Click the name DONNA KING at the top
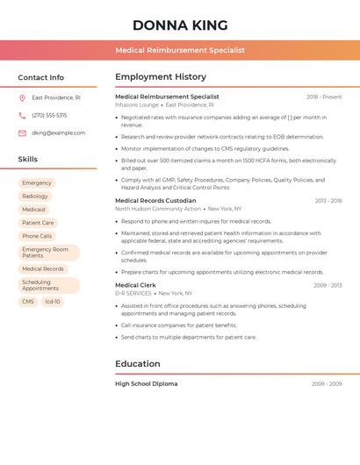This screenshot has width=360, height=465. (x=180, y=25)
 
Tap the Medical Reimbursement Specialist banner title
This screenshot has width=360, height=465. (x=180, y=50)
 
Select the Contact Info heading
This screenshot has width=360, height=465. (x=40, y=77)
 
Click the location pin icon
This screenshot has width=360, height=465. (x=22, y=98)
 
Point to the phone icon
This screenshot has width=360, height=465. (x=22, y=116)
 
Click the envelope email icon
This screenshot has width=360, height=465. (x=22, y=133)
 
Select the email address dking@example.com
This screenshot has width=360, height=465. (x=58, y=133)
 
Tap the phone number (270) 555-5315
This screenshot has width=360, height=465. (x=49, y=116)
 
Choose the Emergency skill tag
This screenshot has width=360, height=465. (x=37, y=183)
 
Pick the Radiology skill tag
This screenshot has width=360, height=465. (x=35, y=197)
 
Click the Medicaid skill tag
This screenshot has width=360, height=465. (x=33, y=210)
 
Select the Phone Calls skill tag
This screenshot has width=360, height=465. (x=37, y=236)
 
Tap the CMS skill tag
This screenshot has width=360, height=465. (x=28, y=302)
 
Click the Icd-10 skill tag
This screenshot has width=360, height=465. (x=53, y=302)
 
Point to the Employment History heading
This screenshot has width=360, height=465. (x=161, y=77)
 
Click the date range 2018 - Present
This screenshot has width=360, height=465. (x=324, y=97)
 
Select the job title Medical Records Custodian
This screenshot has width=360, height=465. (x=155, y=201)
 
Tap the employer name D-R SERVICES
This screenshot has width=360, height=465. (x=133, y=293)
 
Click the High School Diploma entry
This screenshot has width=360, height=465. (x=146, y=384)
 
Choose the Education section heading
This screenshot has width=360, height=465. (x=138, y=364)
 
